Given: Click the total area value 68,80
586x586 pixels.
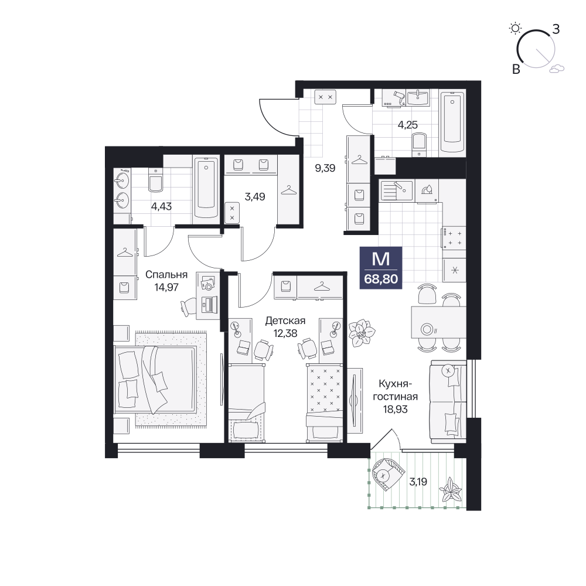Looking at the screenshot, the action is [381, 279].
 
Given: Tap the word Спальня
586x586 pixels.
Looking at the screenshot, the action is [166, 275].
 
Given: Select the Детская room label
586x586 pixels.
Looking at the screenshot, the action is [285, 321].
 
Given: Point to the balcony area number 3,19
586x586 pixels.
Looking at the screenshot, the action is [418, 482].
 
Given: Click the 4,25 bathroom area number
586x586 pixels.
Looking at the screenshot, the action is [407, 125].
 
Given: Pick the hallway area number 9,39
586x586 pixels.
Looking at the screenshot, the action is [325, 168].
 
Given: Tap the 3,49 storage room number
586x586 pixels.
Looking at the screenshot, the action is [255, 196].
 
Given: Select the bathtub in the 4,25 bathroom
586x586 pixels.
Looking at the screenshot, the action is [452, 122].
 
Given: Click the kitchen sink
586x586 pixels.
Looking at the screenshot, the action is [396, 190].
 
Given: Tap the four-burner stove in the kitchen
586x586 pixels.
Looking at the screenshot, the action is [454, 238].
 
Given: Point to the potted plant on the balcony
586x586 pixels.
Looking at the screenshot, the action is [451, 490].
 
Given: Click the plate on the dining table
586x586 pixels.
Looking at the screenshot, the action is [427, 329].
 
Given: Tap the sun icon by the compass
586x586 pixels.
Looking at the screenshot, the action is [515, 28].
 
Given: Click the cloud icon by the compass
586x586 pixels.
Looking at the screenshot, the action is [557, 68].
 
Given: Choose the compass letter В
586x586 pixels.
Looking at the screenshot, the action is [516, 69].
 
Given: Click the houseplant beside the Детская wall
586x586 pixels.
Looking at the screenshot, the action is [362, 332].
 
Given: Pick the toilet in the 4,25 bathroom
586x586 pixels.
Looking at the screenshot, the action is [420, 145].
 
